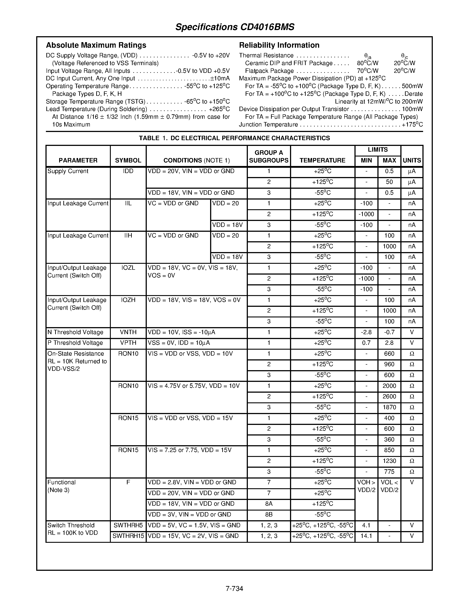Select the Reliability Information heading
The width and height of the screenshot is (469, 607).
[x=279, y=45]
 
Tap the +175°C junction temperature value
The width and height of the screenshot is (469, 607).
[x=412, y=124]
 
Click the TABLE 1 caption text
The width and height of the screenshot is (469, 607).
[x=234, y=138]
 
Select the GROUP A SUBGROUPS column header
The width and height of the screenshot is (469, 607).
[x=268, y=156]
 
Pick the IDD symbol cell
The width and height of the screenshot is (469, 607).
[x=128, y=171]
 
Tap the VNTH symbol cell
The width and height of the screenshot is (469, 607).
[x=128, y=332]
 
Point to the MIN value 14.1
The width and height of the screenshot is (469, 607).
[x=366, y=536]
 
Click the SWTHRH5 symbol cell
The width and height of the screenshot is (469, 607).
[x=128, y=525]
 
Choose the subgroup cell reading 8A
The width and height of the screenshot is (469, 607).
[x=268, y=504]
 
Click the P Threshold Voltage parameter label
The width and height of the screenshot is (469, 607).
[x=75, y=343]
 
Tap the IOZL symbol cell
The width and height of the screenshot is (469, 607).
[x=128, y=268]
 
